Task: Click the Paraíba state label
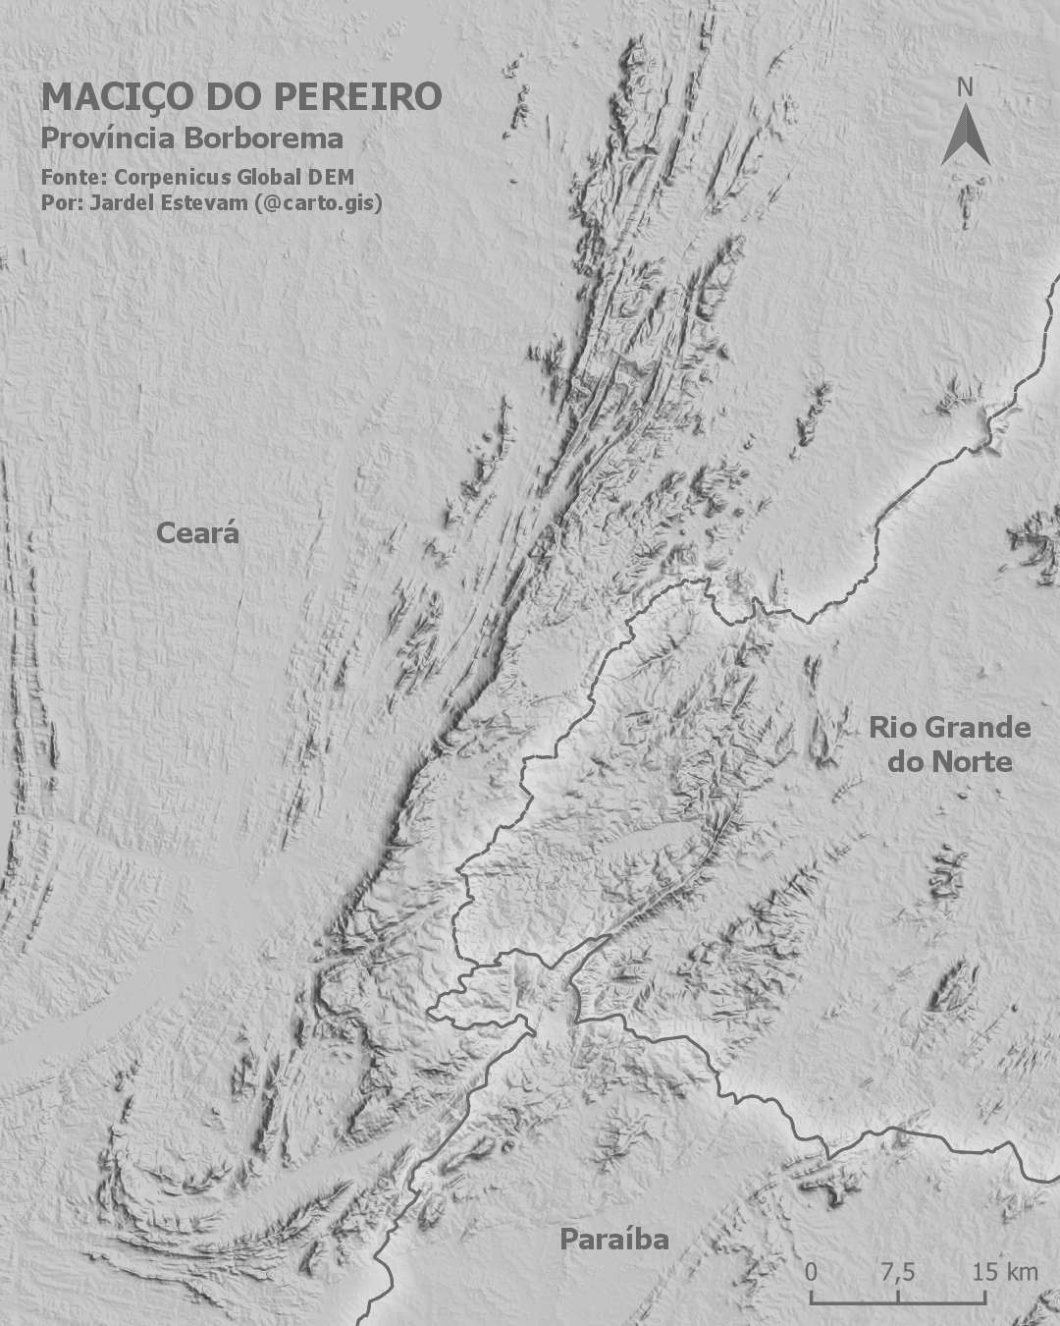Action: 614,1240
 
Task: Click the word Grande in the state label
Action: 978,728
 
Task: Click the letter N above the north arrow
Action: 965,87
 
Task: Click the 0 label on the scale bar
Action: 811,1272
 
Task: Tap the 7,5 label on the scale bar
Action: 897,1272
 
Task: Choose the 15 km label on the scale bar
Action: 1004,1272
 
